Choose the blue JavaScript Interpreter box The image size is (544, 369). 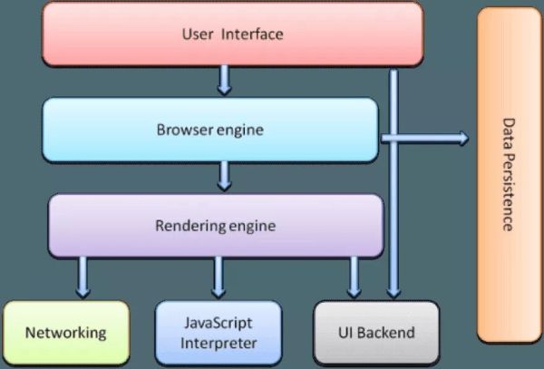pyautogui.click(x=218, y=332)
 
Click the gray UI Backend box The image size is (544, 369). pyautogui.click(x=375, y=333)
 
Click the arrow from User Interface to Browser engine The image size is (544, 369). pyautogui.click(x=224, y=83)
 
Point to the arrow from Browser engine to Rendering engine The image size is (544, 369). pyautogui.click(x=224, y=176)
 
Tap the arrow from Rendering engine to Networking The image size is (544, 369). pyautogui.click(x=83, y=276)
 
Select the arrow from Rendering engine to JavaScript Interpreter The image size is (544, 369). pyautogui.click(x=218, y=276)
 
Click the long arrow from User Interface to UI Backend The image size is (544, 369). pyautogui.click(x=393, y=181)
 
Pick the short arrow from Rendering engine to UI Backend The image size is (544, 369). pyautogui.click(x=355, y=276)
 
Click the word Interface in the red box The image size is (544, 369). pyautogui.click(x=255, y=35)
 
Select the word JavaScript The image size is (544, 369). pyautogui.click(x=218, y=324)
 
